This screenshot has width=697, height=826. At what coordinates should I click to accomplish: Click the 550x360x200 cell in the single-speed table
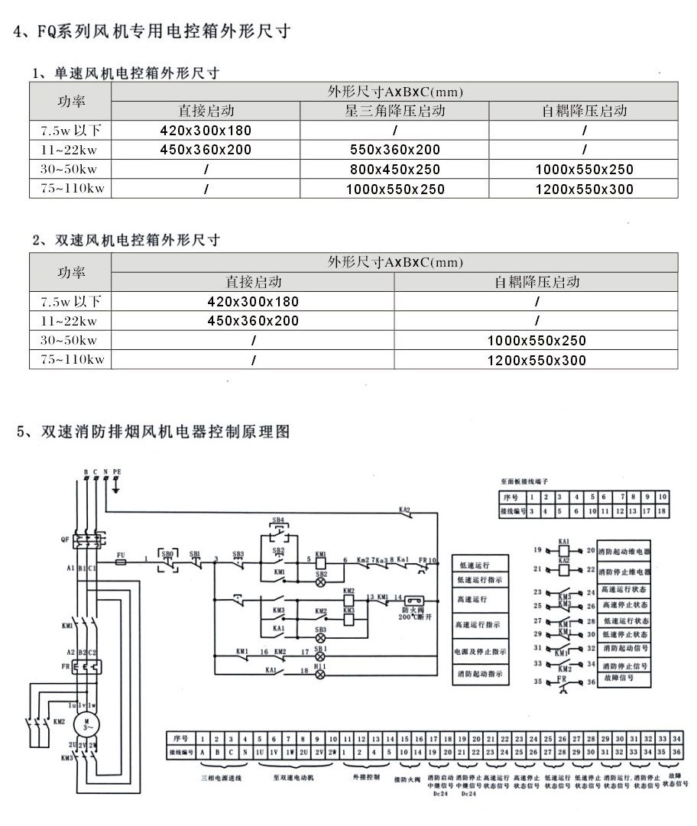tap(394, 150)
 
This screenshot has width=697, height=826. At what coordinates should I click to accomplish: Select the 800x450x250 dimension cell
tap(394, 170)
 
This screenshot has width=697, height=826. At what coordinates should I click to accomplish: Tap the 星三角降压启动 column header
tap(394, 111)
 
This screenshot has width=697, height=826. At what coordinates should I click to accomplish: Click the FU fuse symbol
tap(121, 562)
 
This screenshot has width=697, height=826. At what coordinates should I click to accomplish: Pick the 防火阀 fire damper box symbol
tap(413, 601)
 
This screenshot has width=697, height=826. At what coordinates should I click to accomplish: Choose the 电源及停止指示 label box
tap(479, 652)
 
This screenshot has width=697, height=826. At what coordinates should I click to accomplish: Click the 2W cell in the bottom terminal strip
tap(332, 752)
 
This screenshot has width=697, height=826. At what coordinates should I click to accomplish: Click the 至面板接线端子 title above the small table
tap(524, 482)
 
